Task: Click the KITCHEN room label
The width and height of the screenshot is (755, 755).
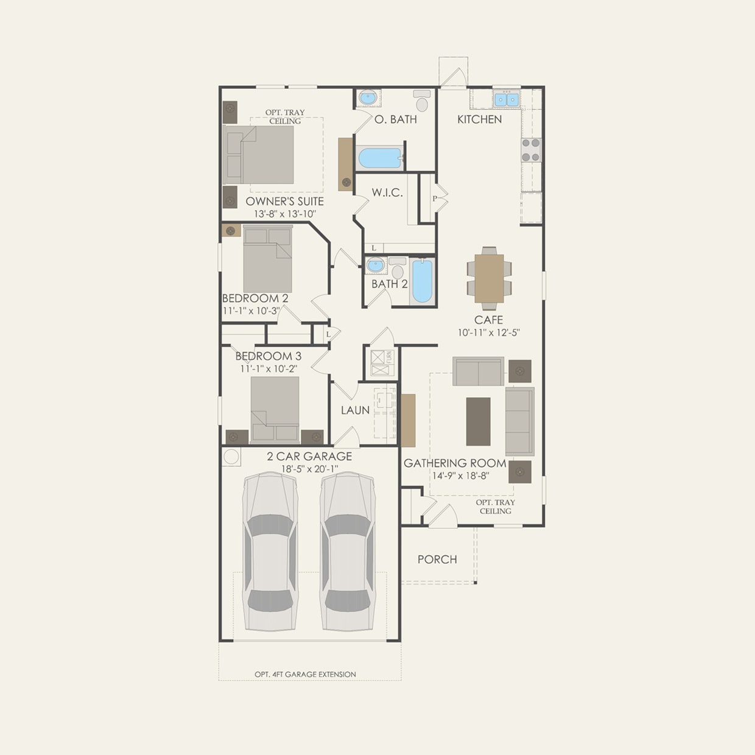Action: point(479,119)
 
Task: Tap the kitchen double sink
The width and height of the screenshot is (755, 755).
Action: point(506,99)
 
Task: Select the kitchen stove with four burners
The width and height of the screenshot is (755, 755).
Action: point(530,150)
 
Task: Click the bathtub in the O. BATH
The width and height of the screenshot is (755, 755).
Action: point(380,158)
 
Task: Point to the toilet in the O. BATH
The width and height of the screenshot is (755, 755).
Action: point(422,101)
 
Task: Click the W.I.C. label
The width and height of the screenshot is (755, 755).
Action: point(387,192)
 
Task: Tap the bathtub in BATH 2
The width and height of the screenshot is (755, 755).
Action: point(422,280)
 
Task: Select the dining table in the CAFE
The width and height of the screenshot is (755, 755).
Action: point(489,278)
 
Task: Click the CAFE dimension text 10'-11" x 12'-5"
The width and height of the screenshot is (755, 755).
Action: point(488,332)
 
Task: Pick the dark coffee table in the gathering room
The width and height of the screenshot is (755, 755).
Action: point(478,421)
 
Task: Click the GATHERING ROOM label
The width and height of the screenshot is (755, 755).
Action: point(455,463)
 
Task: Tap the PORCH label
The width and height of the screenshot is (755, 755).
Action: point(437,559)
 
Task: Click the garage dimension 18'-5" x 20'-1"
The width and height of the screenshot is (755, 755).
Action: point(309,469)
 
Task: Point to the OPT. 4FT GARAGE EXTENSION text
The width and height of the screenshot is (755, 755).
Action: point(305,674)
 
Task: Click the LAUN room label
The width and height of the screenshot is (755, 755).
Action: point(355,410)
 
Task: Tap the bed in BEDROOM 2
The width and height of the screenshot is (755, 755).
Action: point(268,259)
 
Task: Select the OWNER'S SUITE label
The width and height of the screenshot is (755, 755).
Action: point(284,201)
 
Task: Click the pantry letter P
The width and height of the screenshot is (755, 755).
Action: point(435,198)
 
